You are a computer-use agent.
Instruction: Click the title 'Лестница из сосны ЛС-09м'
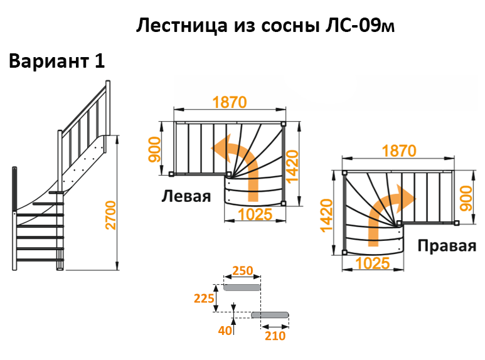[266, 26]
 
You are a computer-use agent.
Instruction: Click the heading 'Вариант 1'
[56, 61]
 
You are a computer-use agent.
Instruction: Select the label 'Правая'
[446, 245]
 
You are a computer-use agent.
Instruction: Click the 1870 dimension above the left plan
[229, 102]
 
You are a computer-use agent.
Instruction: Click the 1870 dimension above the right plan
[398, 151]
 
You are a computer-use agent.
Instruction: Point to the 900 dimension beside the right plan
[465, 197]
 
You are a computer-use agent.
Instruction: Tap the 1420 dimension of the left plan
[293, 166]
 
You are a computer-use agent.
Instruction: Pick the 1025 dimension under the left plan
[255, 214]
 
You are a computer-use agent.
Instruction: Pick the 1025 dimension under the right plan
[373, 263]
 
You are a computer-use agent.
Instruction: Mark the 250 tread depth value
[242, 271]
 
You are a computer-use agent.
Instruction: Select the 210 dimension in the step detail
[275, 336]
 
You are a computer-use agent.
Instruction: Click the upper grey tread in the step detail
[242, 287]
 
